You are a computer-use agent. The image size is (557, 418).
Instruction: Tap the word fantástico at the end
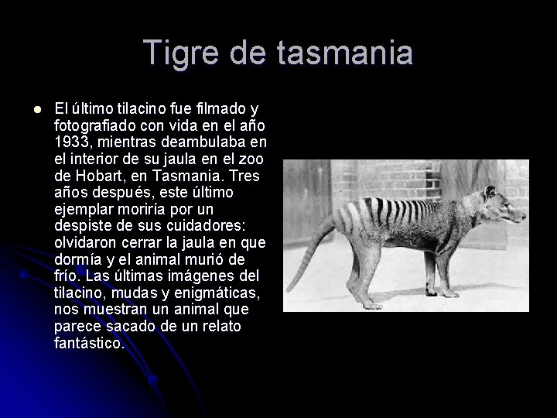87,343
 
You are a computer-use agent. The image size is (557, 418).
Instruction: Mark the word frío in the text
67,276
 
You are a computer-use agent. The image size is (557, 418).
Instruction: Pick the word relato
221,326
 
